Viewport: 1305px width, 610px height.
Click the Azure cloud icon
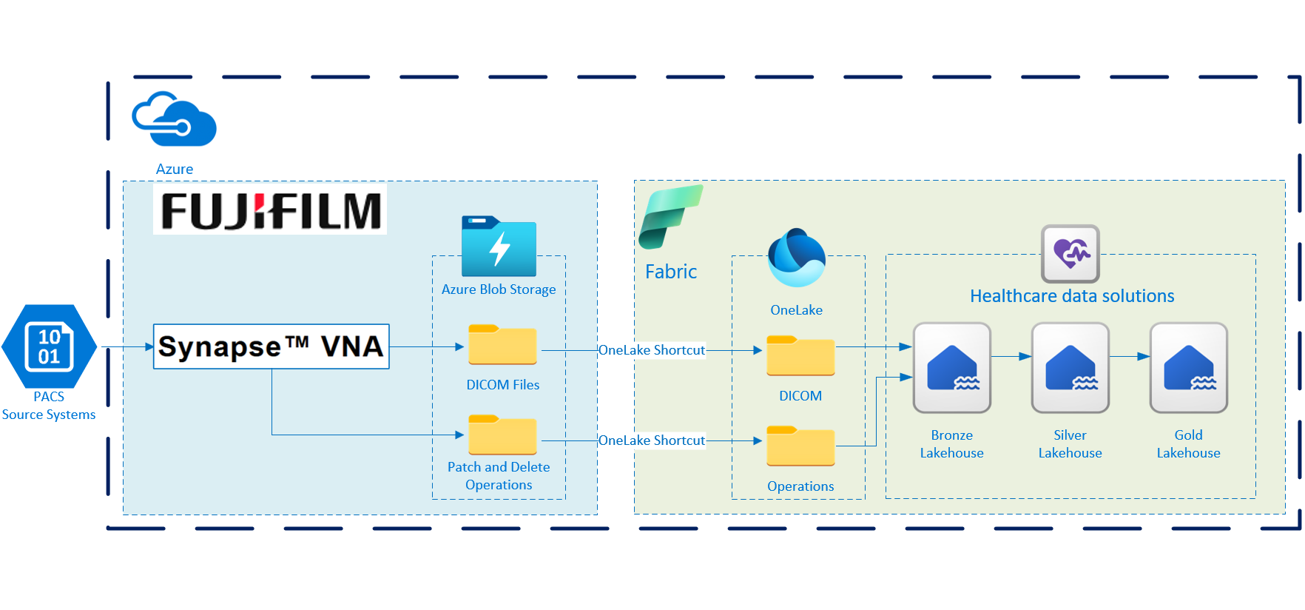point(174,119)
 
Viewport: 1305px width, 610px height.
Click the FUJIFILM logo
point(270,211)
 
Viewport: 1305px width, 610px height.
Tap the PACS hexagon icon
point(49,346)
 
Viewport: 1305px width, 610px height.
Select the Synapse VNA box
point(271,346)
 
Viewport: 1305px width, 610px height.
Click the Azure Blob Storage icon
point(499,247)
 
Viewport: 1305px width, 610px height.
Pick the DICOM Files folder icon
point(502,345)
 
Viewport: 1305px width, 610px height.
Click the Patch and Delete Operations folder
point(502,435)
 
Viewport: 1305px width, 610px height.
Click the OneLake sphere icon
point(796,258)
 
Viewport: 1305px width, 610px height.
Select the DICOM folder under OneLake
point(800,356)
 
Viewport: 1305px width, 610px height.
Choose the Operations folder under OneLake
point(800,446)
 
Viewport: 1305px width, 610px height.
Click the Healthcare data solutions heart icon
point(1070,254)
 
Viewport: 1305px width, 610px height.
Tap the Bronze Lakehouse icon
point(951,368)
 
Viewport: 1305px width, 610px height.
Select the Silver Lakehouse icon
point(1070,368)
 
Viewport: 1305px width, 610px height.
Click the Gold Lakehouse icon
point(1188,368)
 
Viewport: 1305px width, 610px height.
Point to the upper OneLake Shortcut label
point(651,350)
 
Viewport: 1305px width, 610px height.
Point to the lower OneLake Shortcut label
point(651,440)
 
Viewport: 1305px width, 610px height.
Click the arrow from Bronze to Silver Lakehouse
point(1011,357)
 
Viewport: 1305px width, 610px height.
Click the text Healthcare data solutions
point(1072,296)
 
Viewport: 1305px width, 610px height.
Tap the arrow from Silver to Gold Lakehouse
point(1130,357)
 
